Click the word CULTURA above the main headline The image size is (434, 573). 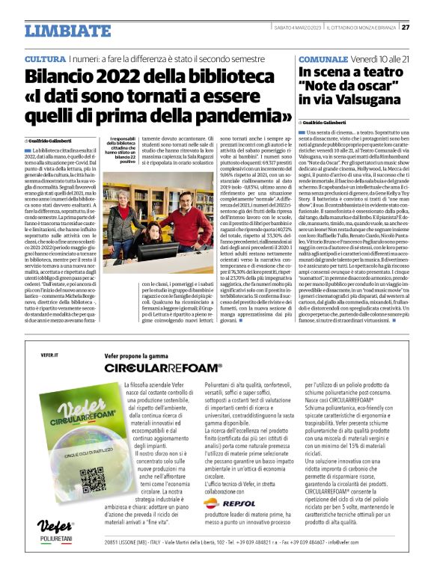[44, 58]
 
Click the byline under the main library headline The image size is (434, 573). [55, 140]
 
